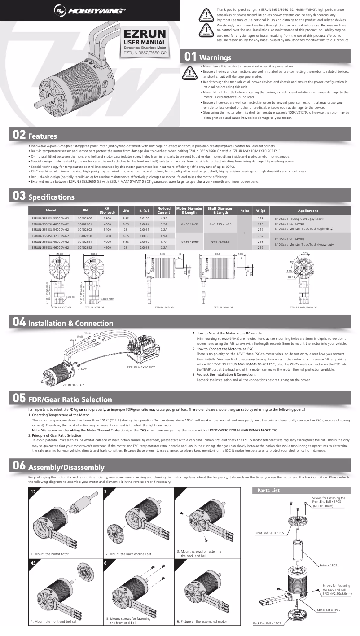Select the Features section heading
point(42,136)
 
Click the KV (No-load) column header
point(107,211)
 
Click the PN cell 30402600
point(85,218)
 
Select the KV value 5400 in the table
point(107,230)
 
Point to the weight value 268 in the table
point(260,241)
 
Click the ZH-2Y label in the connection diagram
point(82,370)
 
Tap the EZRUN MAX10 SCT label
point(140,368)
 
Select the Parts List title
point(269,491)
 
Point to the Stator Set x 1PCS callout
point(329,610)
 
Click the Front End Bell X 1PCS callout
point(269,533)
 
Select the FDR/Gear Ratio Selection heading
point(70,399)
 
